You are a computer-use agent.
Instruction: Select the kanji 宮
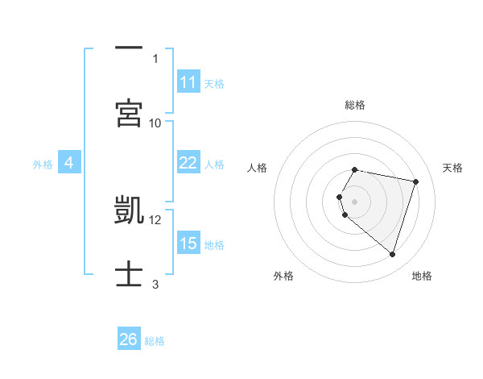pyautogui.click(x=129, y=114)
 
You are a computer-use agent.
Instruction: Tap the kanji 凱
pyautogui.click(x=129, y=210)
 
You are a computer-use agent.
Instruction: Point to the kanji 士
pyautogui.click(x=129, y=275)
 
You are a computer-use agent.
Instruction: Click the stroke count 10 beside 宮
pyautogui.click(x=155, y=123)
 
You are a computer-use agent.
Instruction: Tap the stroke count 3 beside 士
pyautogui.click(x=155, y=284)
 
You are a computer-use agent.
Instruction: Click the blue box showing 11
pyautogui.click(x=188, y=82)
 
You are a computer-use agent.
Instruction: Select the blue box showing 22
pyautogui.click(x=188, y=163)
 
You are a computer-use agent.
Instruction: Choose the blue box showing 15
pyautogui.click(x=188, y=244)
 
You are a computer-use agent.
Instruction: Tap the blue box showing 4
pyautogui.click(x=69, y=163)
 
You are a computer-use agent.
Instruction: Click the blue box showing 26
pyautogui.click(x=129, y=339)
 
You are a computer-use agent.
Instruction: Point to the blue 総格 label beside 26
pyautogui.click(x=155, y=341)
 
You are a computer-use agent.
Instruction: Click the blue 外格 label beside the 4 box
pyautogui.click(x=42, y=165)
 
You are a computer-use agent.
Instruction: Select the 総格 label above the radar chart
pyautogui.click(x=355, y=105)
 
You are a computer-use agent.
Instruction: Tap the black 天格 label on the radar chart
pyautogui.click(x=453, y=168)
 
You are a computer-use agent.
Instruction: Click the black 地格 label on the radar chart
pyautogui.click(x=422, y=276)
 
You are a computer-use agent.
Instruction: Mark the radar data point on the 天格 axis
pyautogui.click(x=415, y=182)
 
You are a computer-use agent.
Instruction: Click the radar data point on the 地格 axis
pyautogui.click(x=392, y=255)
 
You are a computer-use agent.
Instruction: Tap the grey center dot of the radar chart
pyautogui.click(x=355, y=202)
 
